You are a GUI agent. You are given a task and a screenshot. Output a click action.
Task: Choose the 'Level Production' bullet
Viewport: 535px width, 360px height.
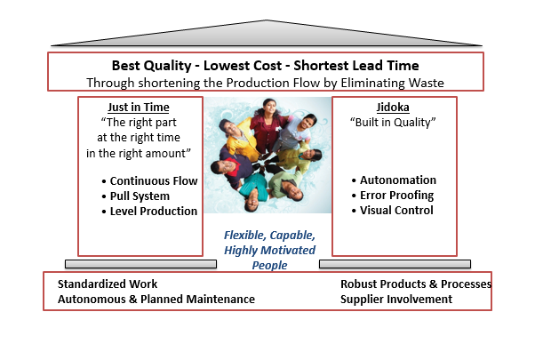pos(154,211)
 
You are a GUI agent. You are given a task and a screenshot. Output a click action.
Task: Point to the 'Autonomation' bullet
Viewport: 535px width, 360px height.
pos(398,180)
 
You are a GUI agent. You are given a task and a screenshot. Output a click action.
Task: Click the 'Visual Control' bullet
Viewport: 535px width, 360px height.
pos(397,211)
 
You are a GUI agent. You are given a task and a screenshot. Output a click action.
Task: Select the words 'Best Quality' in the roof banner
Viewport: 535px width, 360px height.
pos(148,66)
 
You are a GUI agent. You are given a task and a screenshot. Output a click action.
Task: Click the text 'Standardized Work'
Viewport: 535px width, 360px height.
pos(108,284)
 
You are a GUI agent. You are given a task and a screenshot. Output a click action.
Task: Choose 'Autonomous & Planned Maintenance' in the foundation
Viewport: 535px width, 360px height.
pos(156,300)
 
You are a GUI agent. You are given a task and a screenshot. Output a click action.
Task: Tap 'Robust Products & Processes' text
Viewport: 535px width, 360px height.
pos(415,284)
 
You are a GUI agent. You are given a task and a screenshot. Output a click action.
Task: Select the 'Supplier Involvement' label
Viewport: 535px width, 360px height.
pos(395,300)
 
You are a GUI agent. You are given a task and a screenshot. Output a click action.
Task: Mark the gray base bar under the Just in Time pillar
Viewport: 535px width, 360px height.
pos(140,265)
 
